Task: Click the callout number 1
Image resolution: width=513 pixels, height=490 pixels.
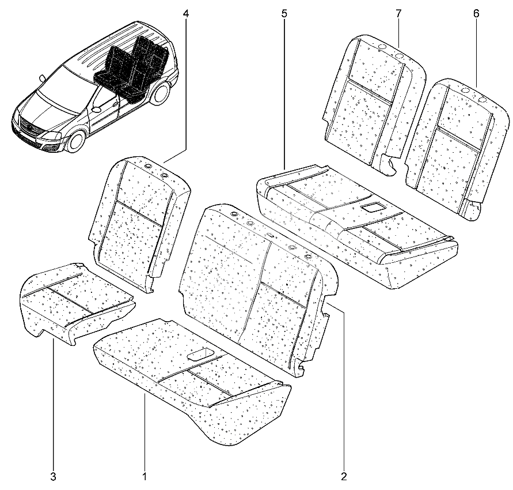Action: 145,477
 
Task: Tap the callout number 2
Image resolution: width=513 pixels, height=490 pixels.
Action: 344,477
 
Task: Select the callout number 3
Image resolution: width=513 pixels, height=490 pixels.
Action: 54,477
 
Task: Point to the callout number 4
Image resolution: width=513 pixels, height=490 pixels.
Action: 186,14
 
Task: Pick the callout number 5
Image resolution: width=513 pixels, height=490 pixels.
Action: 284,14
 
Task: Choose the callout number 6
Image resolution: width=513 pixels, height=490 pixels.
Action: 476,14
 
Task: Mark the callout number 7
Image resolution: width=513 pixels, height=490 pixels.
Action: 398,14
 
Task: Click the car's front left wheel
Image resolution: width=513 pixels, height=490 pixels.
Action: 76,141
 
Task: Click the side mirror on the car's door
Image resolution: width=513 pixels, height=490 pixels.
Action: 96,110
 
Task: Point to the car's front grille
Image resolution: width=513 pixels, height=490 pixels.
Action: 31,126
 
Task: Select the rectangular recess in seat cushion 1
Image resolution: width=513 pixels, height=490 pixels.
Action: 200,355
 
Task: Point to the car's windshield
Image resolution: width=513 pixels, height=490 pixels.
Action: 59,89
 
